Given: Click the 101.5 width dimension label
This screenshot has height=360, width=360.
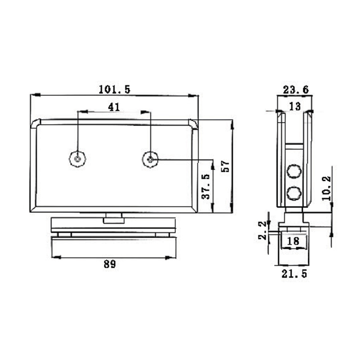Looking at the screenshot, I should pos(114,90).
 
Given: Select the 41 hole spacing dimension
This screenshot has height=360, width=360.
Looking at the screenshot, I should pos(114,107).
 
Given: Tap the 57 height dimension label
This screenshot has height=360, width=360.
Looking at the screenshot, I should pos(226,166).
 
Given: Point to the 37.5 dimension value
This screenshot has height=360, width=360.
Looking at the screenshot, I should pos(205,187).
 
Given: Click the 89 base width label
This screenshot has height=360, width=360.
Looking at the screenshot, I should pos(109,264).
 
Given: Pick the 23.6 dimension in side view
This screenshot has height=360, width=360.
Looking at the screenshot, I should pos(296,90).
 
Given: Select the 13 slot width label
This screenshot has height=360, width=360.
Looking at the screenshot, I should pos(295,106).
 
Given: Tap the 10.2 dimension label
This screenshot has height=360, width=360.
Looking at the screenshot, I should pos(326,188).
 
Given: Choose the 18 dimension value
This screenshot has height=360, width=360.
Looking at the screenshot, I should pos(293,241).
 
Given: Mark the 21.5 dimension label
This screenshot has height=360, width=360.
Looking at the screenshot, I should pos(294,273).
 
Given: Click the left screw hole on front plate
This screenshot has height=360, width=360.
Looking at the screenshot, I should pos(78,158).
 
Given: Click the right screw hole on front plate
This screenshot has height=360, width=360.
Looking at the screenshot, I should pos(150,158).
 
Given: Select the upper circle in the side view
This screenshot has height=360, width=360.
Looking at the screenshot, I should pos(294,171).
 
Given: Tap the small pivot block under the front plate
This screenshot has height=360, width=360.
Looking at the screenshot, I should pos(113,220).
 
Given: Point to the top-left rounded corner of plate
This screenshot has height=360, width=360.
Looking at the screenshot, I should pos(35,123).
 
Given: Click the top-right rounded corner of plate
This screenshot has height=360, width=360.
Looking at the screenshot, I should pos(193,123).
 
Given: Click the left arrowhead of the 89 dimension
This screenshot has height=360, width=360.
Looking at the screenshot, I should pos(55,257).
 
